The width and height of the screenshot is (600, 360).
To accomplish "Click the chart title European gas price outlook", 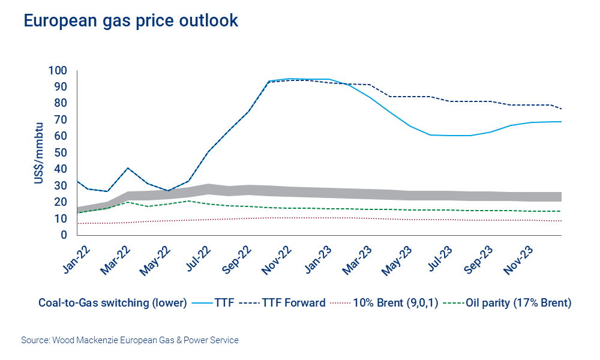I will click(x=131, y=20).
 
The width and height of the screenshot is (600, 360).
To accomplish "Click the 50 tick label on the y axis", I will click(x=61, y=152).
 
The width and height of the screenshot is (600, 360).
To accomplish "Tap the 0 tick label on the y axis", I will click(x=64, y=235).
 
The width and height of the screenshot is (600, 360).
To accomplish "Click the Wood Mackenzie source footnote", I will click(x=130, y=340).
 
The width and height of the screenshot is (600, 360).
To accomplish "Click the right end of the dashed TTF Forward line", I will click(x=561, y=109).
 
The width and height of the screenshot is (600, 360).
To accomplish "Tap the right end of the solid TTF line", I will click(x=561, y=122).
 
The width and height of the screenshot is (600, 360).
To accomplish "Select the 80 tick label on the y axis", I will click(x=61, y=103).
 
